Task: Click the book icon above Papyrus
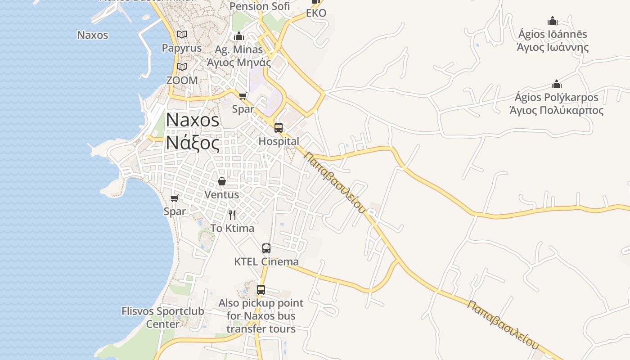(x=182, y=34)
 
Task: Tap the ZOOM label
(x=182, y=80)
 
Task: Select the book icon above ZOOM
(x=182, y=67)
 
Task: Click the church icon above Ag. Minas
(x=239, y=36)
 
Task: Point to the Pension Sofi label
(x=260, y=6)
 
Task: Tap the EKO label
(x=316, y=13)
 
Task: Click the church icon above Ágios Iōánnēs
(x=553, y=21)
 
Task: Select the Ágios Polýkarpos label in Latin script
(x=557, y=97)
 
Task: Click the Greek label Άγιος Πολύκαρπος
(x=557, y=110)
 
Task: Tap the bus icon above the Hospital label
(x=279, y=128)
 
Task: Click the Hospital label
(x=279, y=141)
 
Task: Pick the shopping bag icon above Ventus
(x=222, y=181)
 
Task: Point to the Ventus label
(x=222, y=195)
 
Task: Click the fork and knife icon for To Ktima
(x=232, y=215)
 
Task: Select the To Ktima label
(x=232, y=228)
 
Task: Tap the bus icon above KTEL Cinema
(x=266, y=248)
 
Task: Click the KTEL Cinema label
(x=266, y=261)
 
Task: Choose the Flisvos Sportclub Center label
(x=163, y=317)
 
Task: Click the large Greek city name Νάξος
(x=193, y=143)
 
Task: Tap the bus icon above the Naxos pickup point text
(x=261, y=290)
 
